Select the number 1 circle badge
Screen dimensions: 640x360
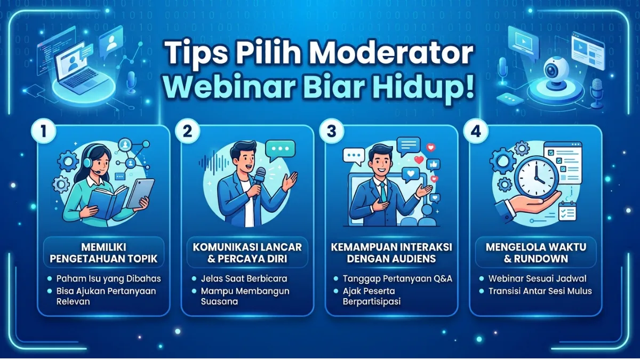[44, 131]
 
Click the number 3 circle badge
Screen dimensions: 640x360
[332, 131]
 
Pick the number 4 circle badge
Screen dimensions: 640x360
[476, 131]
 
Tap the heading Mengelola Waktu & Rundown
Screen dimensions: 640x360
[536, 253]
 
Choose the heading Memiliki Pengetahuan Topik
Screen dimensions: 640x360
[103, 253]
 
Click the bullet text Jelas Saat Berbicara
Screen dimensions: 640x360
[244, 278]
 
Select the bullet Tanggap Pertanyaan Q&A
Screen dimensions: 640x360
[397, 278]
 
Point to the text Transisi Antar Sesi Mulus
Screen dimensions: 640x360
[540, 291]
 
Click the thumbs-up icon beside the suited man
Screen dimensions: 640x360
[434, 165]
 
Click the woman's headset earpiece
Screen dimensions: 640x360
[87, 162]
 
